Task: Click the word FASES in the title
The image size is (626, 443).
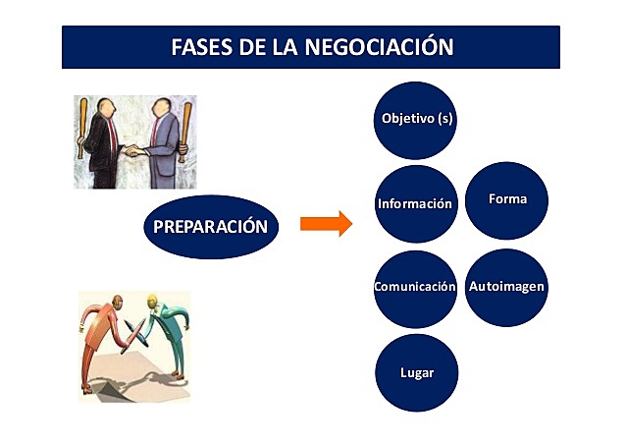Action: coord(204,47)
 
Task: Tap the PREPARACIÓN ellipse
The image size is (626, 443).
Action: coord(210,226)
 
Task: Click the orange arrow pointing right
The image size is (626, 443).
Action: coord(325,224)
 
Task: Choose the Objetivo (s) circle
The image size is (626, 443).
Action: coord(416,120)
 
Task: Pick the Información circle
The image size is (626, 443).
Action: coord(415,204)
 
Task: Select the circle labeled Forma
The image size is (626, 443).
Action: coord(507,199)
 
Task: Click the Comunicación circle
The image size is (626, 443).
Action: coord(415,288)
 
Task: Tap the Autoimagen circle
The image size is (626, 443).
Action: coord(506,287)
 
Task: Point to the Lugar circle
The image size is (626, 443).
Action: coord(416,373)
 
